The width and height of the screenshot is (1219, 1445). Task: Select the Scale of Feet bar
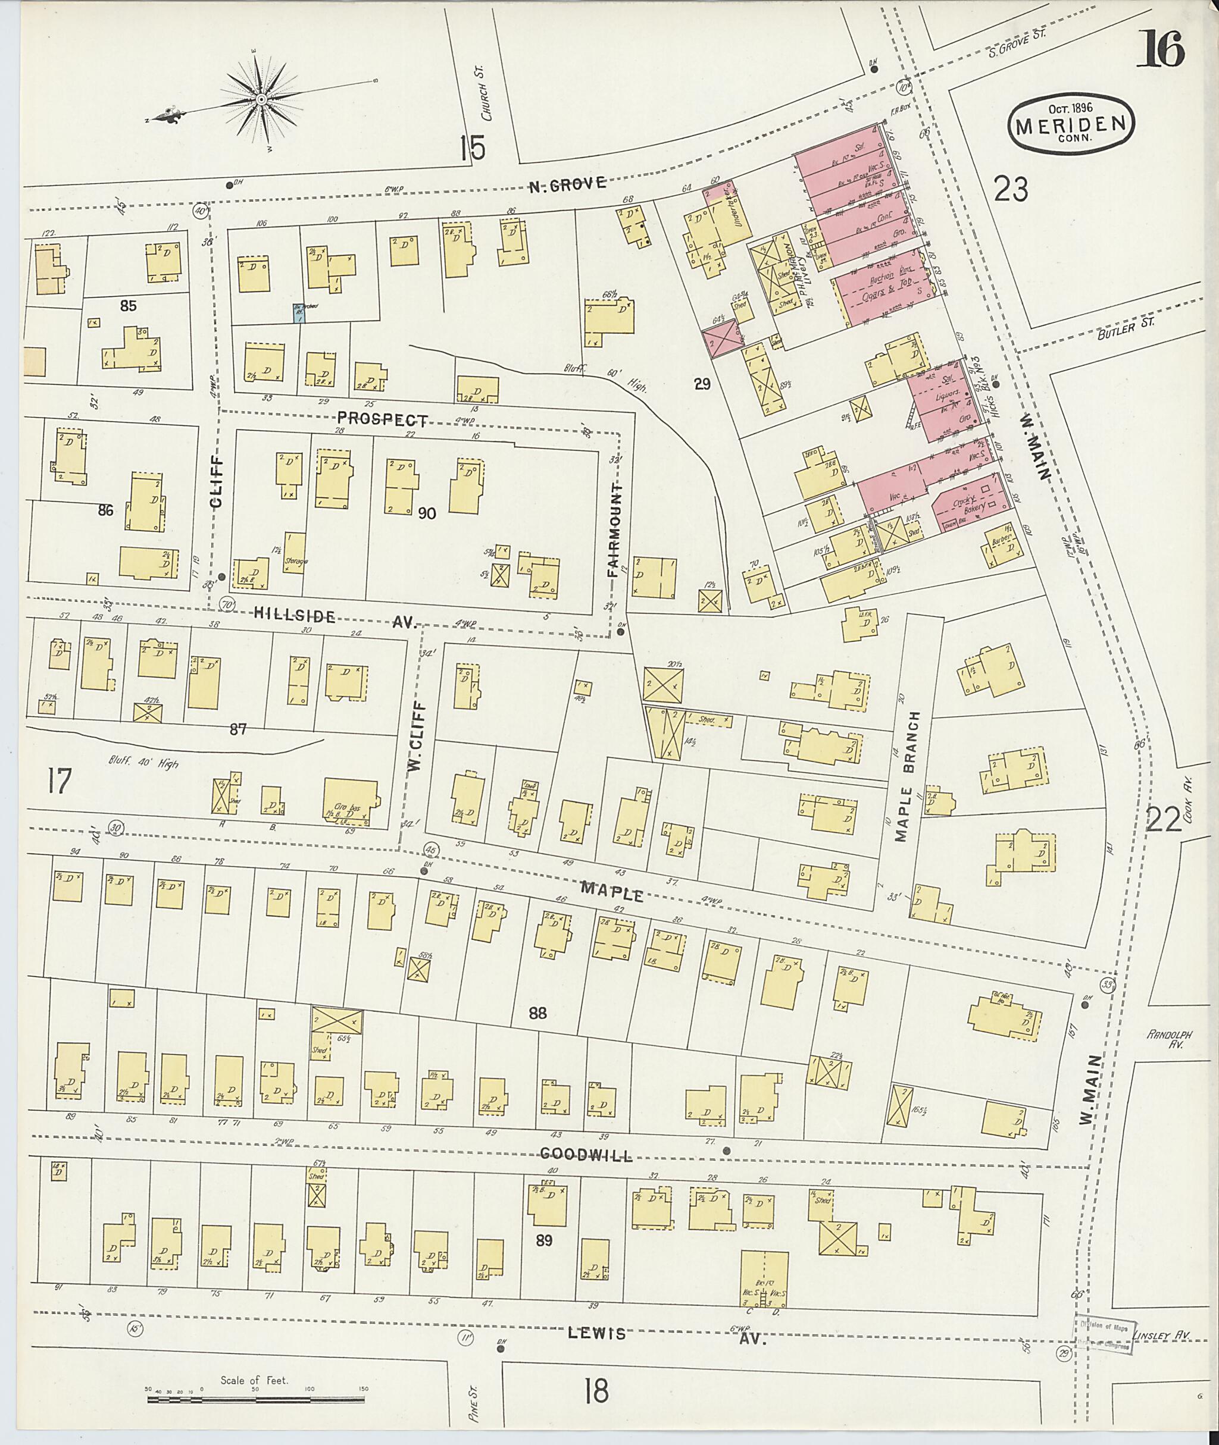tap(257, 1399)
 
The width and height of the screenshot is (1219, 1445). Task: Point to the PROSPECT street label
tap(383, 420)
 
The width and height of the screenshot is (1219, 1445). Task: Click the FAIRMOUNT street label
tap(615, 531)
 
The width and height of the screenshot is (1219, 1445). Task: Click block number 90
tap(426, 513)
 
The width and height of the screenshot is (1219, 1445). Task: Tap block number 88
tap(537, 1013)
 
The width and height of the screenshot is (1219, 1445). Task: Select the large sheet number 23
tap(1011, 189)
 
